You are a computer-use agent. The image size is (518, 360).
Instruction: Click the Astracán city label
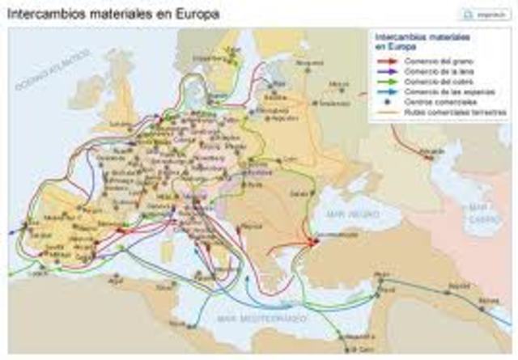click(432, 151)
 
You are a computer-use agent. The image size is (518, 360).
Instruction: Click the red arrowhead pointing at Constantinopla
click(311, 241)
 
